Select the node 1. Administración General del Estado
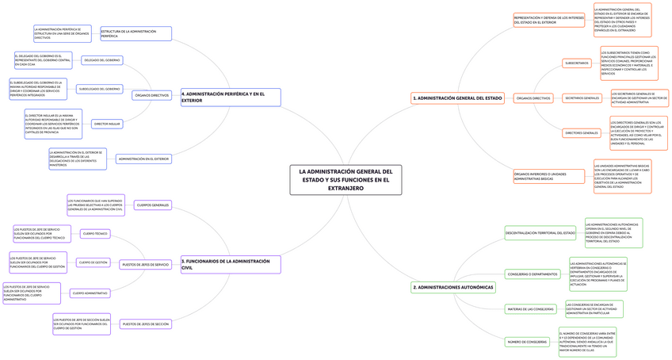pos(458,98)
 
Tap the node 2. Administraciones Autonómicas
pos(453,286)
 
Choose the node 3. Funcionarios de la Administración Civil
pos(230,264)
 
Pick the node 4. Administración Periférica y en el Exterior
pos(230,97)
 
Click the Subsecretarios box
pos(576,63)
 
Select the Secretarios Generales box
pos(582,98)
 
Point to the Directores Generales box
pos(581,132)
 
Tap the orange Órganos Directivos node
pos(533,98)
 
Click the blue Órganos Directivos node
pos(152,95)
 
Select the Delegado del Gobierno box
pos(102,60)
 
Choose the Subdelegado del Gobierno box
pos(100,89)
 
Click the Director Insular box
pos(107,124)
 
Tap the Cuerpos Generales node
pos(153,205)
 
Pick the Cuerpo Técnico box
pos(95,234)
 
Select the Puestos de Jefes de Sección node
pos(145,324)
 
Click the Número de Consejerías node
pos(527,342)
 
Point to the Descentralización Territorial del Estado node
pos(540,232)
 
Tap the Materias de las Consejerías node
pos(530,308)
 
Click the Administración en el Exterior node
pos(143,159)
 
